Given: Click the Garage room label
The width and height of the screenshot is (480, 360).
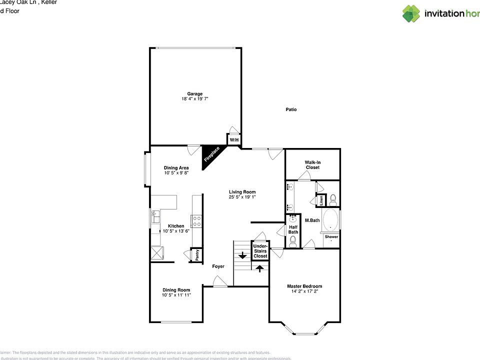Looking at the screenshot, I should point(195,93).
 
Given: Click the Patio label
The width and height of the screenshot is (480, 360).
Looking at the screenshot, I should point(291,109).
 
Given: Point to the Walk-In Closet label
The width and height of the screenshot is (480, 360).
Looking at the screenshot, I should point(312,164).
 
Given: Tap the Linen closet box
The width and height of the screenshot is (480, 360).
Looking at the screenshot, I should point(321,200).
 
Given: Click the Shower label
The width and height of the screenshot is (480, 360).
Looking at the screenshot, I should point(331,236).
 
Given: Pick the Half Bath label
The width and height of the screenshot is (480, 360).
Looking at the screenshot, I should point(293,229).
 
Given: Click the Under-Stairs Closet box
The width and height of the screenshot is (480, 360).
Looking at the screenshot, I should point(260,251).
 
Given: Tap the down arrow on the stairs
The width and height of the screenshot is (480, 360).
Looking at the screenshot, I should point(242,255).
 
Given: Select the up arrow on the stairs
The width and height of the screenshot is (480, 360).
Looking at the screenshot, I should point(259,268).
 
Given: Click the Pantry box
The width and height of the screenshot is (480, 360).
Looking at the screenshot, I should point(197,255).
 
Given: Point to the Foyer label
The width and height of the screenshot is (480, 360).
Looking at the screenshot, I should point(218,266).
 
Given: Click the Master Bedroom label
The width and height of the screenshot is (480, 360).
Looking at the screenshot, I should point(304,286).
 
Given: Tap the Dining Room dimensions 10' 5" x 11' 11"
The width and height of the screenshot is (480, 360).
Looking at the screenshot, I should point(176,295).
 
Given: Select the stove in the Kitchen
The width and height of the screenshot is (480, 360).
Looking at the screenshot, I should point(196,221).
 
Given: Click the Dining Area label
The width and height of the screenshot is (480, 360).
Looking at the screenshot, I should point(176,167).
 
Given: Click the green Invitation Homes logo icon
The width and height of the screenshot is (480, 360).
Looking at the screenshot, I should point(411,13).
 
